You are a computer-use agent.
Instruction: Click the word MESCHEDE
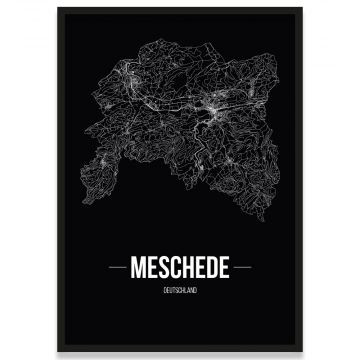point(180,270)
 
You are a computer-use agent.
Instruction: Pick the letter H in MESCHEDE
point(186,270)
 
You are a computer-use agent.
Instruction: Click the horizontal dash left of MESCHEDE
point(112,270)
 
